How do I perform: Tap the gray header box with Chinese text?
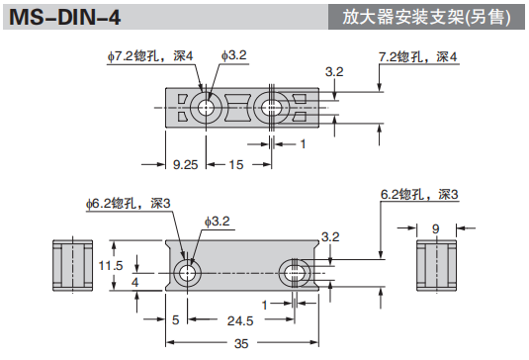click(x=429, y=17)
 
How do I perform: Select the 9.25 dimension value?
click(x=185, y=163)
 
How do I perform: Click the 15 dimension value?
click(x=236, y=163)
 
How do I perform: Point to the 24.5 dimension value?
click(x=239, y=320)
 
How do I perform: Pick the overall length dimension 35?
click(x=240, y=343)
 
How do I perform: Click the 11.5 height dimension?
click(x=112, y=265)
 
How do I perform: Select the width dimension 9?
click(x=435, y=227)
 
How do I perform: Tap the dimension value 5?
click(x=175, y=320)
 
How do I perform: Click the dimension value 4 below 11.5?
click(x=134, y=283)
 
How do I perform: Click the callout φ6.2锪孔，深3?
click(x=129, y=203)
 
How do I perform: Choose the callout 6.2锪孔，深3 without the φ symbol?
click(x=419, y=194)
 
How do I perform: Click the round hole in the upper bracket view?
click(x=208, y=108)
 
